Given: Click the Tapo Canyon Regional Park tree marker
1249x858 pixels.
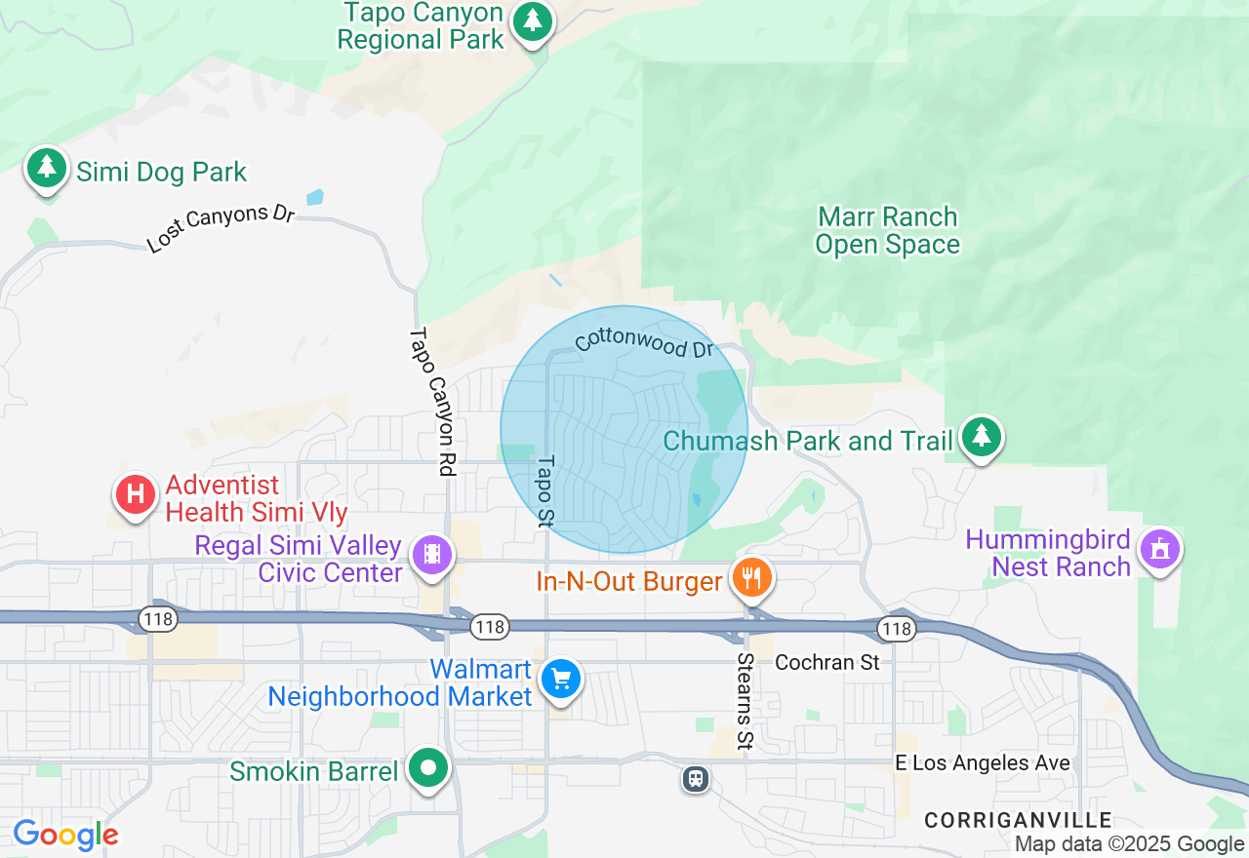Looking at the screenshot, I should [532, 21].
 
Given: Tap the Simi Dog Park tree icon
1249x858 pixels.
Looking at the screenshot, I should [46, 169].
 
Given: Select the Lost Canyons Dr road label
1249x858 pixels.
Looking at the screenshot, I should [221, 228].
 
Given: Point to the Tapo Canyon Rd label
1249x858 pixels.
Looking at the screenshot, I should [432, 402].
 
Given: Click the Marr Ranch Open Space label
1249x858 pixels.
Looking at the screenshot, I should [887, 230].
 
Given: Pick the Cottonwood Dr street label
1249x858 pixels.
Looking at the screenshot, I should [645, 342].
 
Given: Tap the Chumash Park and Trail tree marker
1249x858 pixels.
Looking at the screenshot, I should [981, 437].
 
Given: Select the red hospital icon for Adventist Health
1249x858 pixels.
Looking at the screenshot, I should [136, 494].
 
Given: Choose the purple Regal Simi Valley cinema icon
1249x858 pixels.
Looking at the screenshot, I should [431, 554].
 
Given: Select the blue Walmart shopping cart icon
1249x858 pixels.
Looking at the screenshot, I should [561, 679].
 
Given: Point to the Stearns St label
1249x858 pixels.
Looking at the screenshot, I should [745, 702].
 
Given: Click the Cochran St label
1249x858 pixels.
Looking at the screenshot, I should [827, 663].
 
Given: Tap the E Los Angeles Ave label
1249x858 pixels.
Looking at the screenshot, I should [983, 763].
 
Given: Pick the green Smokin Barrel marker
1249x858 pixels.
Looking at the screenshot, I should [427, 767].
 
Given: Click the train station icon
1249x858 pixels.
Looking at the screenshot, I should [696, 778].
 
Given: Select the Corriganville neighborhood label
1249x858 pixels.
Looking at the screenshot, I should [1018, 820].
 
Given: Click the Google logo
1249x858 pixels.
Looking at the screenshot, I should [66, 835].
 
